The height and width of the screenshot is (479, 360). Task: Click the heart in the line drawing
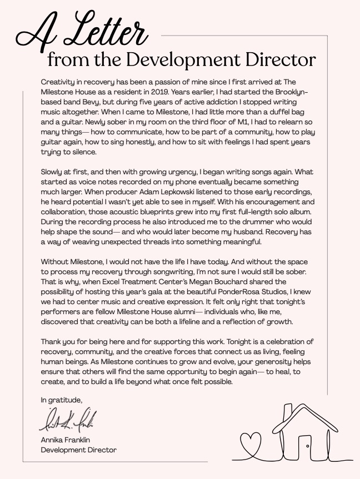[x=254, y=442]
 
